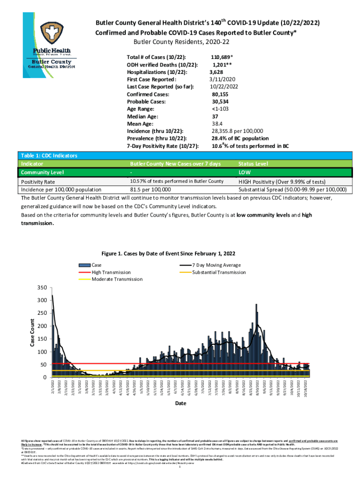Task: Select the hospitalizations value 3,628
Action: click(x=220, y=73)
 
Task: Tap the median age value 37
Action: click(x=215, y=116)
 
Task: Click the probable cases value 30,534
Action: click(x=223, y=102)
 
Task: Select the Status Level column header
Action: click(x=253, y=164)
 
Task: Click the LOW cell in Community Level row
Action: click(x=245, y=173)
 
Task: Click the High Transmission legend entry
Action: click(x=111, y=272)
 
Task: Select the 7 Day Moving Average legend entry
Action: click(x=216, y=265)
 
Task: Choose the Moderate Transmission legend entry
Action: click(x=117, y=279)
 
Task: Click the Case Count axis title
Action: click(x=32, y=332)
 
